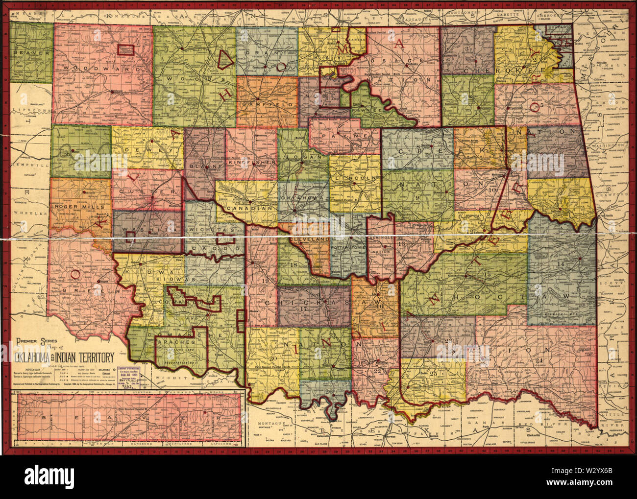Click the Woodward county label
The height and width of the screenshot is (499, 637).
point(101,68)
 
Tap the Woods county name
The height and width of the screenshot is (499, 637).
point(188,78)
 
